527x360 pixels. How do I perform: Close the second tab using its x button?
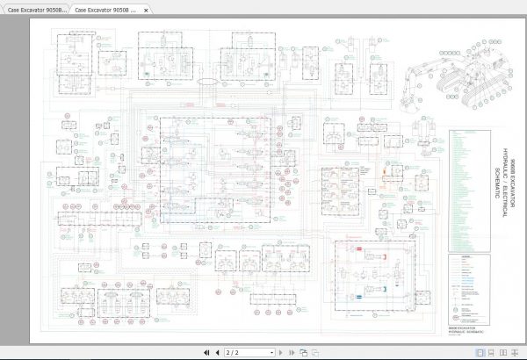click(145, 9)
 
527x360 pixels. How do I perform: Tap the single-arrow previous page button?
click(217, 352)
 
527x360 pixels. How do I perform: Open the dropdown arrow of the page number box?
click(271, 352)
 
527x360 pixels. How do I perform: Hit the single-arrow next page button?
click(282, 352)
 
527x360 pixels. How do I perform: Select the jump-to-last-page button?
click(291, 352)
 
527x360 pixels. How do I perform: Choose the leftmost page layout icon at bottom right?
click(303, 352)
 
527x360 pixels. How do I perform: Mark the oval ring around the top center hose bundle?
click(209, 81)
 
